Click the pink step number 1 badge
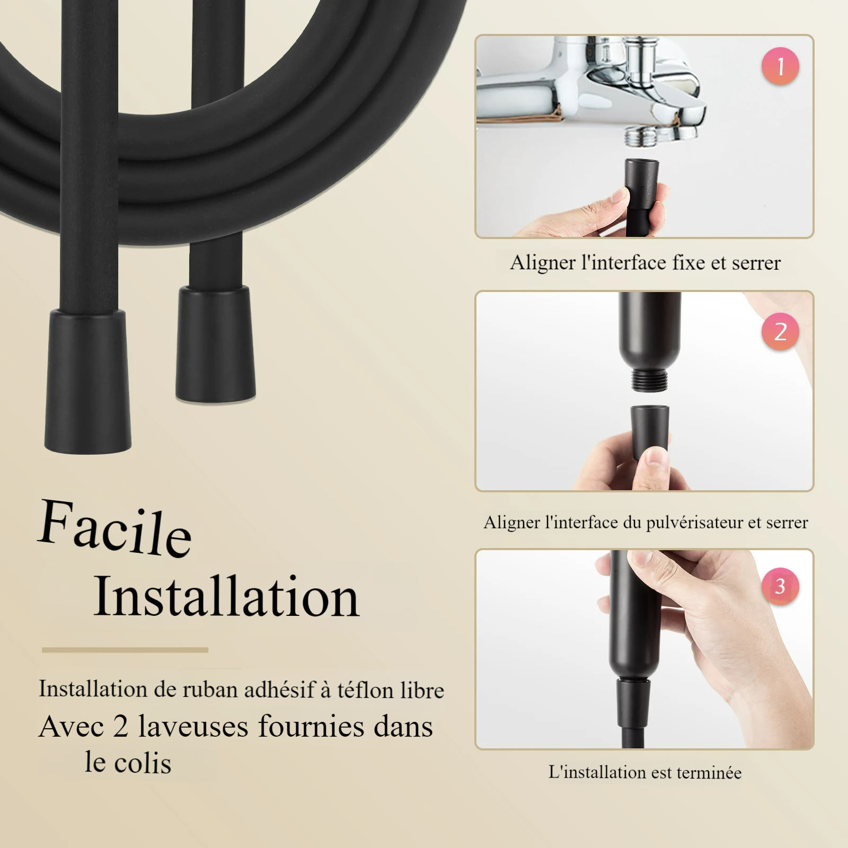pos(780,66)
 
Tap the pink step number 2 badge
pos(780,331)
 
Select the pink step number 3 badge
pos(780,586)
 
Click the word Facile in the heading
pos(115,528)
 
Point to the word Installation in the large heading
pos(227,597)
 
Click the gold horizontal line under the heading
pos(125,649)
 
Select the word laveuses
pos(193,726)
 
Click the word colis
pos(143,763)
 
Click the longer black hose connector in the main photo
pos(88,382)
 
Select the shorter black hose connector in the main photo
pos(216,344)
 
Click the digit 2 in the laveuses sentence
pos(120,726)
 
